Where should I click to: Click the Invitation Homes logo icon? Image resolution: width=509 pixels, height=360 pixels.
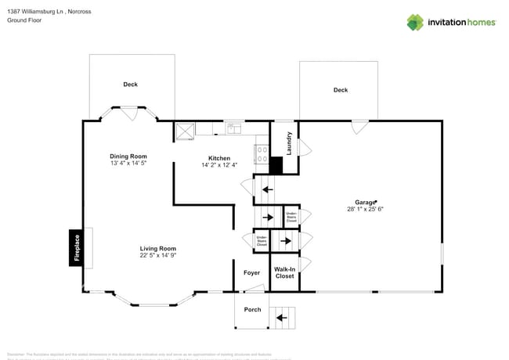(x=415, y=22)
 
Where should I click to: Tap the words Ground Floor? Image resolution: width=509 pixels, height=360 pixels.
(x=24, y=20)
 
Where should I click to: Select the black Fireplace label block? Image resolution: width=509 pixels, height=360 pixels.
(x=76, y=248)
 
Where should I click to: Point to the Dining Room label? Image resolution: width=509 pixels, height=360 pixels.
(x=128, y=157)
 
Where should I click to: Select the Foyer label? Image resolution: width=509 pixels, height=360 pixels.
(x=251, y=273)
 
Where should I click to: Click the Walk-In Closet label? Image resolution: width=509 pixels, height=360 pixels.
(x=284, y=272)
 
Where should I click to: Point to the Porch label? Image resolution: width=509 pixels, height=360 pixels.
(x=252, y=309)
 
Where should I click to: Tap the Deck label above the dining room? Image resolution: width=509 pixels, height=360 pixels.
(x=130, y=85)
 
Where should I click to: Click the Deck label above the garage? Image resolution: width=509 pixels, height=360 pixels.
(x=340, y=90)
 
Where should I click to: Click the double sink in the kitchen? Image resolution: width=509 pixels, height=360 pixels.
(x=233, y=128)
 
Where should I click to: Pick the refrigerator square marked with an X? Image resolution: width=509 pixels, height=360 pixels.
(x=185, y=131)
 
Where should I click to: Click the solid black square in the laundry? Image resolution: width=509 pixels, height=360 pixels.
(x=276, y=166)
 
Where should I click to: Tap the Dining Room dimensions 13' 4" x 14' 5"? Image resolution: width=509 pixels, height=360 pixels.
(x=128, y=164)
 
